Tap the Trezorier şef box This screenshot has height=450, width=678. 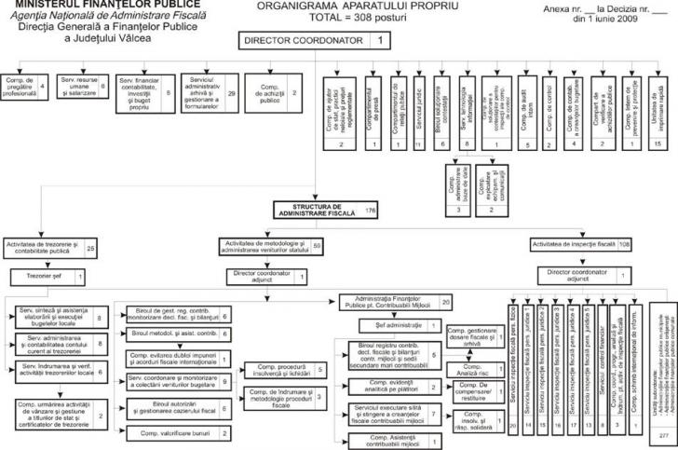[x=48, y=277]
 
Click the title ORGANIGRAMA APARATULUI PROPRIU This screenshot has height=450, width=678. [x=338, y=6]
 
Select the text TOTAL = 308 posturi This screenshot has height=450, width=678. [x=339, y=18]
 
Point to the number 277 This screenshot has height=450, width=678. [x=663, y=435]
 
